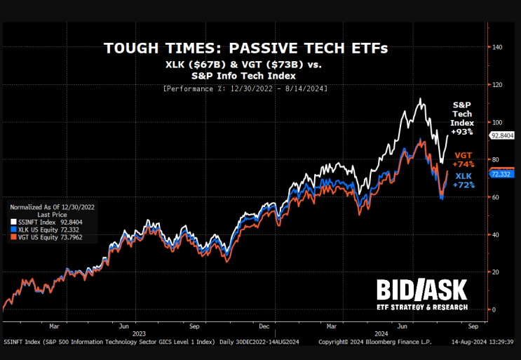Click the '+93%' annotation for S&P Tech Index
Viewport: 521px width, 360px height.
pyautogui.click(x=462, y=131)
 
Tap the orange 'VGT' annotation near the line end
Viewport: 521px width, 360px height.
pyautogui.click(x=464, y=154)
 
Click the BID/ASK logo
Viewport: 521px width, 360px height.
pyautogui.click(x=421, y=291)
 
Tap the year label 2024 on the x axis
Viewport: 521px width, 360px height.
pyautogui.click(x=381, y=333)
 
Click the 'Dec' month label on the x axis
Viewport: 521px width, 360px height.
pyautogui.click(x=264, y=326)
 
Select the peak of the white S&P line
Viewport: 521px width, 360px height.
pyautogui.click(x=419, y=99)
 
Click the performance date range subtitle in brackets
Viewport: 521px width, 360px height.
pyautogui.click(x=245, y=88)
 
